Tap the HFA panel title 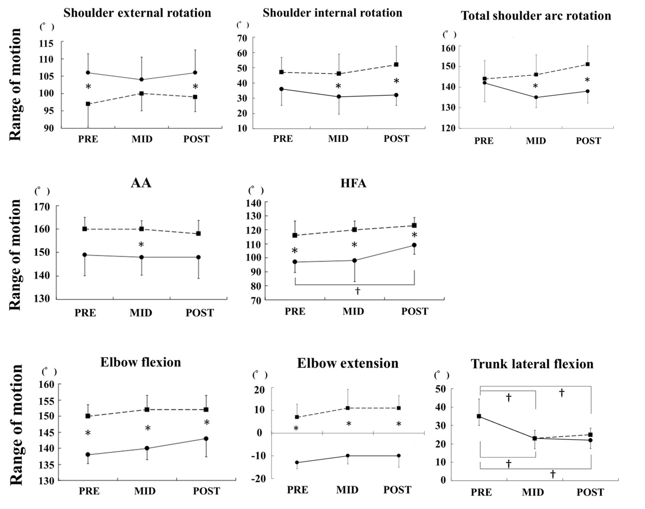click(353, 183)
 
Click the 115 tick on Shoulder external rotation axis click(46, 43)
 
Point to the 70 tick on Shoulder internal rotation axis click(242, 38)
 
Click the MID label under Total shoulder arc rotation click(536, 141)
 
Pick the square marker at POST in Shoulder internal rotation click(396, 64)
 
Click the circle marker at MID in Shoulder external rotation click(141, 80)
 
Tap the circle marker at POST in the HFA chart click(414, 245)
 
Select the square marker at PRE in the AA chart click(85, 229)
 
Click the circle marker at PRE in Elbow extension click(297, 463)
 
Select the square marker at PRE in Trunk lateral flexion click(479, 416)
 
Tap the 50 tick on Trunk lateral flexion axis click(440, 389)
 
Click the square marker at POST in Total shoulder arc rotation click(588, 64)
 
